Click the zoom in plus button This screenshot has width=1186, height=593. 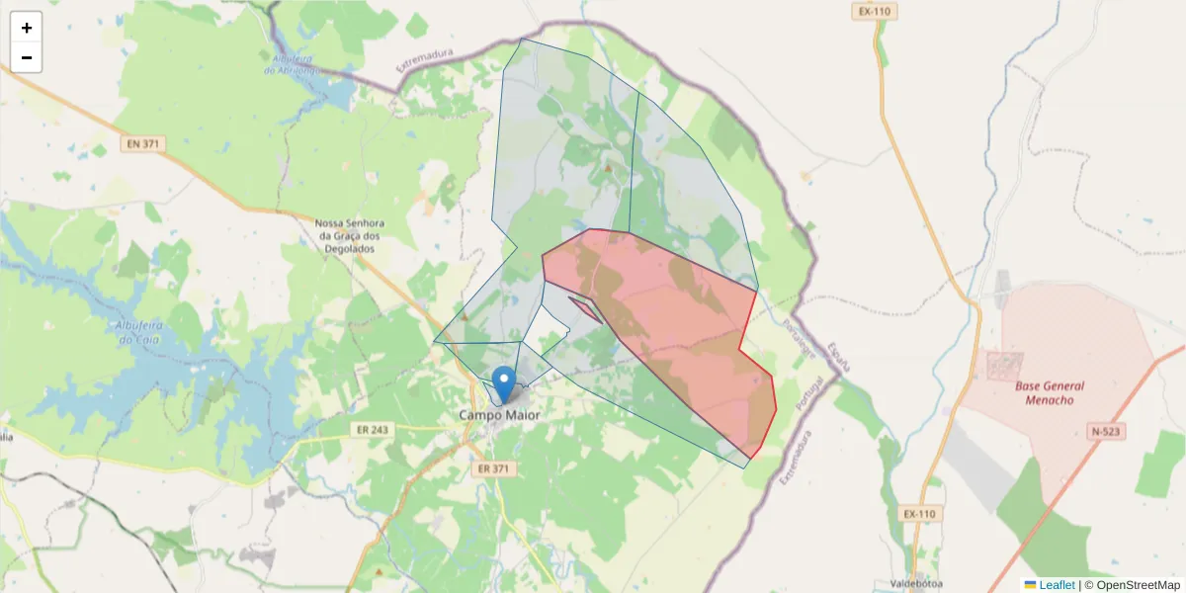(27, 28)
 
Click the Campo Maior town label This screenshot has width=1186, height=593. (500, 415)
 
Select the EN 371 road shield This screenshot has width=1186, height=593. (143, 144)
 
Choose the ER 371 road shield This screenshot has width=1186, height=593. (491, 468)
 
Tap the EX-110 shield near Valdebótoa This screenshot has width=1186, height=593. (918, 514)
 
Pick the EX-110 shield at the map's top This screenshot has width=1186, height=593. (875, 12)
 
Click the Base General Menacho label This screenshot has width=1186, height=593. (1049, 392)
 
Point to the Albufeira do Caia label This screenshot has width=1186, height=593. (138, 333)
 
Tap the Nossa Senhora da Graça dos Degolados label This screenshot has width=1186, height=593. (347, 236)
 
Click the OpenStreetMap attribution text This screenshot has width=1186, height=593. (1137, 585)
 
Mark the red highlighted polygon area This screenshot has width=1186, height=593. (672, 326)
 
